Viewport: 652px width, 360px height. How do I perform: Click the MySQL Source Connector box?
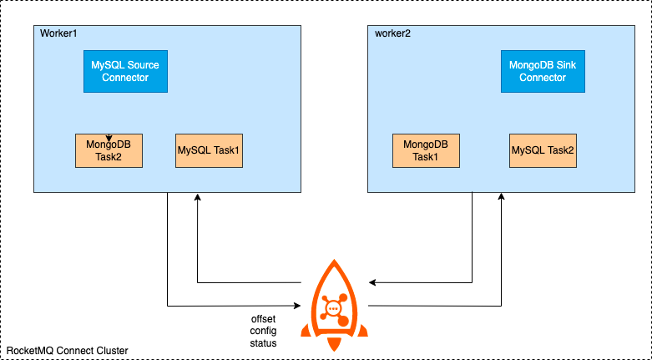(x=126, y=72)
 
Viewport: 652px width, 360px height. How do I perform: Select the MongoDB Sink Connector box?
(x=543, y=72)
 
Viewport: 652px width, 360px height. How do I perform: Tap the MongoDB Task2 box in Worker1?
(x=109, y=150)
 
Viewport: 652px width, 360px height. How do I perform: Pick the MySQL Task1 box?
(x=209, y=150)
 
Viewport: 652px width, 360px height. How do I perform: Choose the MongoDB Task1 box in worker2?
(x=427, y=150)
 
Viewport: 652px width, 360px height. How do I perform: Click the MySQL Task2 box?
(x=543, y=150)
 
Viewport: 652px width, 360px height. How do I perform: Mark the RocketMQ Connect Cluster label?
(x=68, y=351)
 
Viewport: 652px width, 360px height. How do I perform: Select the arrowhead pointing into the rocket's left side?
(x=296, y=304)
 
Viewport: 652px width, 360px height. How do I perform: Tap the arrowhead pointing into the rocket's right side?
(x=372, y=281)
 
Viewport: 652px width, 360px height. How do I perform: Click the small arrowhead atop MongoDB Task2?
(x=109, y=138)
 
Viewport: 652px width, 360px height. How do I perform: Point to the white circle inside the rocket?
(x=334, y=308)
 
